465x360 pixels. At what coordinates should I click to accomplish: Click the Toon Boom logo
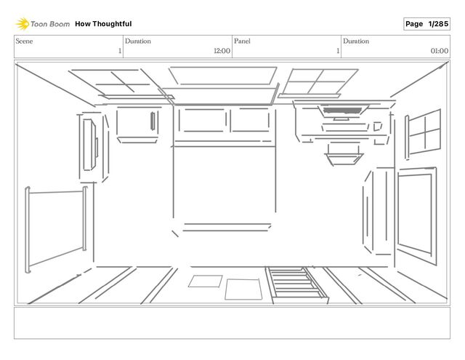(x=43, y=24)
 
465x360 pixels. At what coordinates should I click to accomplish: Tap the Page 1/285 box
(x=426, y=24)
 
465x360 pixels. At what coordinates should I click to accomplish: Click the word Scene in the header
(x=24, y=41)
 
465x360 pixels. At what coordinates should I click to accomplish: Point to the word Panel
(x=242, y=41)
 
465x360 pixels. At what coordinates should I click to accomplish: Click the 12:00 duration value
(x=222, y=51)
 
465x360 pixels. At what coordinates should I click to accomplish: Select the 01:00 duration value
(x=439, y=51)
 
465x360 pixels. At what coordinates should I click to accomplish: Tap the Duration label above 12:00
(x=138, y=41)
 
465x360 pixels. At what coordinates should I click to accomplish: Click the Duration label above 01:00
(x=356, y=41)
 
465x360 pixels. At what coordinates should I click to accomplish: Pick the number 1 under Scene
(x=119, y=51)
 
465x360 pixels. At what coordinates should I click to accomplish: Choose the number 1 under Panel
(x=337, y=51)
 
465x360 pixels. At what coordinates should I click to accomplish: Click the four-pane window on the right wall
(x=424, y=132)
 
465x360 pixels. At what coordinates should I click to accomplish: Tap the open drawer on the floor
(x=296, y=284)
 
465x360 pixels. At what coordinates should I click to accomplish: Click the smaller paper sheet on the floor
(x=206, y=281)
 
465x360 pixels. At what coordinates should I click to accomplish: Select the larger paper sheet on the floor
(x=242, y=289)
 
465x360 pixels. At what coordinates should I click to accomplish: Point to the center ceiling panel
(x=222, y=76)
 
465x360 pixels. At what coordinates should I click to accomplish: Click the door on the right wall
(x=415, y=211)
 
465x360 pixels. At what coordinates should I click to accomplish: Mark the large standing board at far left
(x=56, y=228)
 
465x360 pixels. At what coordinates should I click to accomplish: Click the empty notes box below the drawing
(x=232, y=323)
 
